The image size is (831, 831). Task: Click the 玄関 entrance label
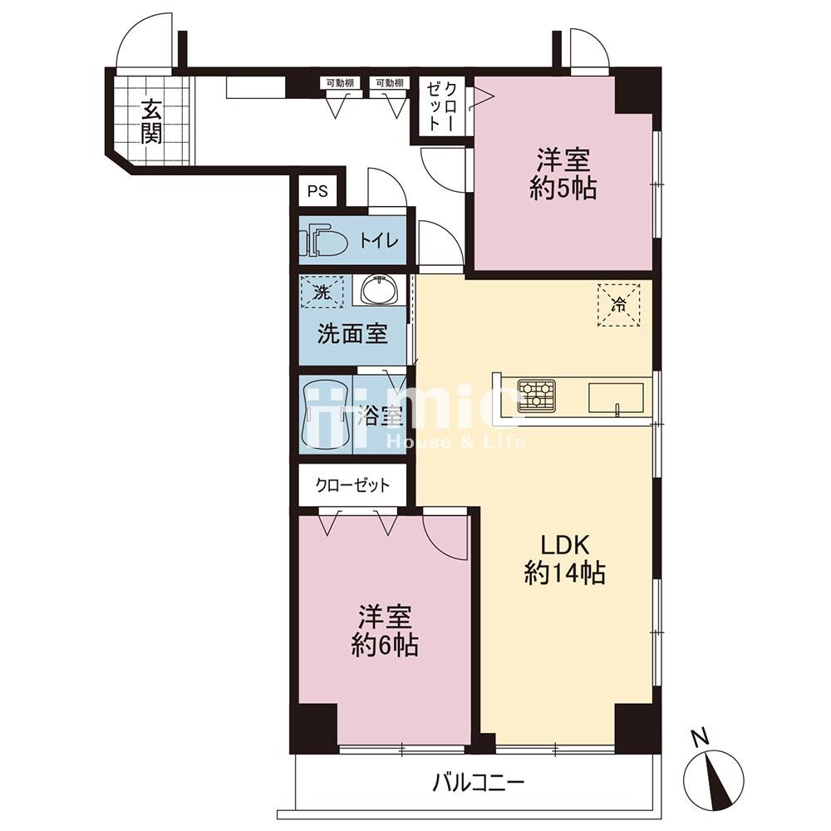[151, 122]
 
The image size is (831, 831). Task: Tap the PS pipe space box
[317, 191]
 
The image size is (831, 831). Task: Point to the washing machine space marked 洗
[321, 292]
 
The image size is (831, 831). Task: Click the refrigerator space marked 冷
[618, 305]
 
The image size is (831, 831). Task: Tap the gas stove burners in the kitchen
[536, 395]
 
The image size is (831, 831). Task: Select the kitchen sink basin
[615, 397]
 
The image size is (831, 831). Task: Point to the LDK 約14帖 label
[564, 558]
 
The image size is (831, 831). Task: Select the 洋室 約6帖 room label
[385, 630]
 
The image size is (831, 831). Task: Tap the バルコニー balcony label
[479, 782]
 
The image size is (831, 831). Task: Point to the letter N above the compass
[701, 736]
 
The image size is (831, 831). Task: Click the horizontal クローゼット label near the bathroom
[352, 485]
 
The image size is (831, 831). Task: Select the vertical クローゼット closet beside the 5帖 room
[442, 106]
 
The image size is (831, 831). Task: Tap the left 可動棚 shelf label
[340, 82]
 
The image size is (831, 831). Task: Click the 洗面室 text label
[352, 334]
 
